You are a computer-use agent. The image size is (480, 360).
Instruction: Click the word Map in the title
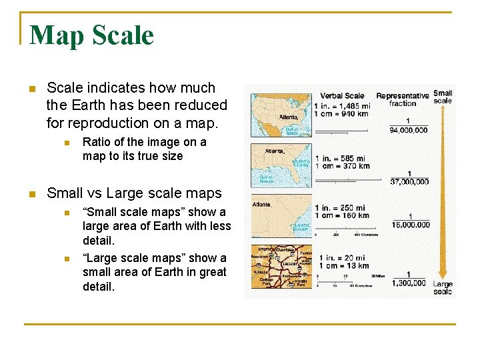coord(55,35)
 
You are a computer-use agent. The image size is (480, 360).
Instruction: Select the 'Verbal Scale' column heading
coord(342,95)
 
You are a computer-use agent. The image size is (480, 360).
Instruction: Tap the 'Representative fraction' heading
coord(402,99)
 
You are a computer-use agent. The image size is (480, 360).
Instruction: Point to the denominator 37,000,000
coord(409,181)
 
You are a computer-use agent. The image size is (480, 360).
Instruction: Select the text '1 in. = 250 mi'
coord(341,207)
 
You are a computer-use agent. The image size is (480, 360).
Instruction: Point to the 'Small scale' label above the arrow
coord(443,97)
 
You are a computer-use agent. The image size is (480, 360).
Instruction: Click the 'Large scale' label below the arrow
coord(443,288)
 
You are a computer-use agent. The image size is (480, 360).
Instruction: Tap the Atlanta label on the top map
coord(288,117)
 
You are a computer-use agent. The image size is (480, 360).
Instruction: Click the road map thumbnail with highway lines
coord(281,267)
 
